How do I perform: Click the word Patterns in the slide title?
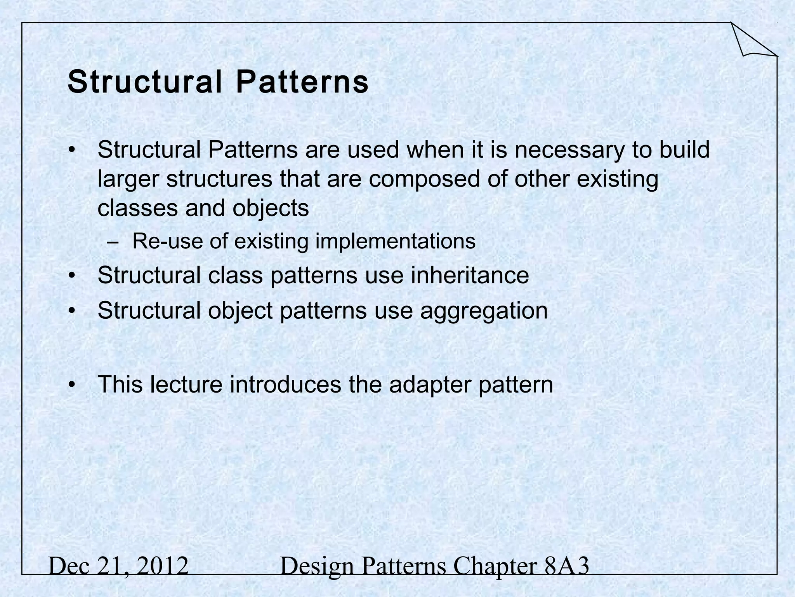point(302,82)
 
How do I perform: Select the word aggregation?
point(484,311)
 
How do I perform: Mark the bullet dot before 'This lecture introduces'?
point(71,385)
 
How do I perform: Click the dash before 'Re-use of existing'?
point(113,243)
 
